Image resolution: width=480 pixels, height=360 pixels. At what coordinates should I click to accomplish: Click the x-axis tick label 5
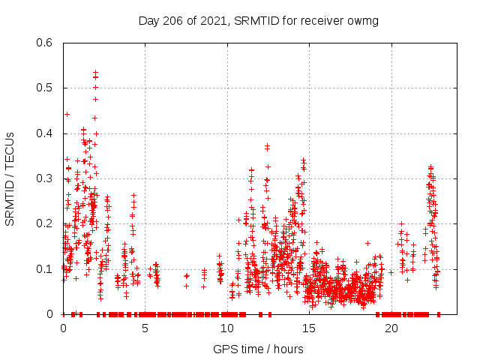point(145,328)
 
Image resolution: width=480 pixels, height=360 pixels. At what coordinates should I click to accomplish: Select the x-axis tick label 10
point(227,328)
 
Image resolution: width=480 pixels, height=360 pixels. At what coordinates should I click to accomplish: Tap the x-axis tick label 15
point(309,328)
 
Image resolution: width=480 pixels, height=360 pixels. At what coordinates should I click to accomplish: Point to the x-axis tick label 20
point(391,328)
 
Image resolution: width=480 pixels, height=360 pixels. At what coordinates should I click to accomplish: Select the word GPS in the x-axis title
point(224,349)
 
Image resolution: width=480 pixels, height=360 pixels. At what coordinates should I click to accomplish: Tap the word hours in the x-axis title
point(288,349)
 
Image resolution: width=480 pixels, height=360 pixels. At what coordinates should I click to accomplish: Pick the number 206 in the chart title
point(174,20)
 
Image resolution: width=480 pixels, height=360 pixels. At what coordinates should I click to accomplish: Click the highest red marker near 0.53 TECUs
point(95,72)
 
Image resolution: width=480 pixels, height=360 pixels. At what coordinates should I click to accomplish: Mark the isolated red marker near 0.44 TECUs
point(67,114)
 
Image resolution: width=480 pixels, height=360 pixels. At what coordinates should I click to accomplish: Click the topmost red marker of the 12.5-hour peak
point(267,145)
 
